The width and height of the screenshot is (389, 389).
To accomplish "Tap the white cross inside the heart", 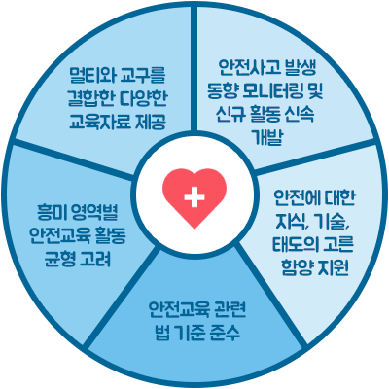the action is coord(194,196).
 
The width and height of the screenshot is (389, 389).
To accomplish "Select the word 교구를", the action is coord(143,75).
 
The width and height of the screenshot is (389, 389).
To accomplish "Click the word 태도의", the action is coord(296,245).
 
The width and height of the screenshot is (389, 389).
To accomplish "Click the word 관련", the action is coord(230,310).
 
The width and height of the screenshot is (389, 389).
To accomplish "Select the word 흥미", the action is coord(51,213).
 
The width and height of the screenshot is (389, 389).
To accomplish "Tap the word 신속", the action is coord(300,115).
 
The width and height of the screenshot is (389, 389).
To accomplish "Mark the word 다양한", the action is coord(143,99).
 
